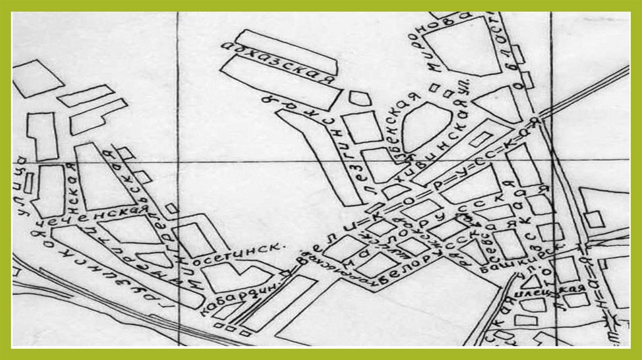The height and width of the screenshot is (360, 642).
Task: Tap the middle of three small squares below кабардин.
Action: [x=226, y=327]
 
